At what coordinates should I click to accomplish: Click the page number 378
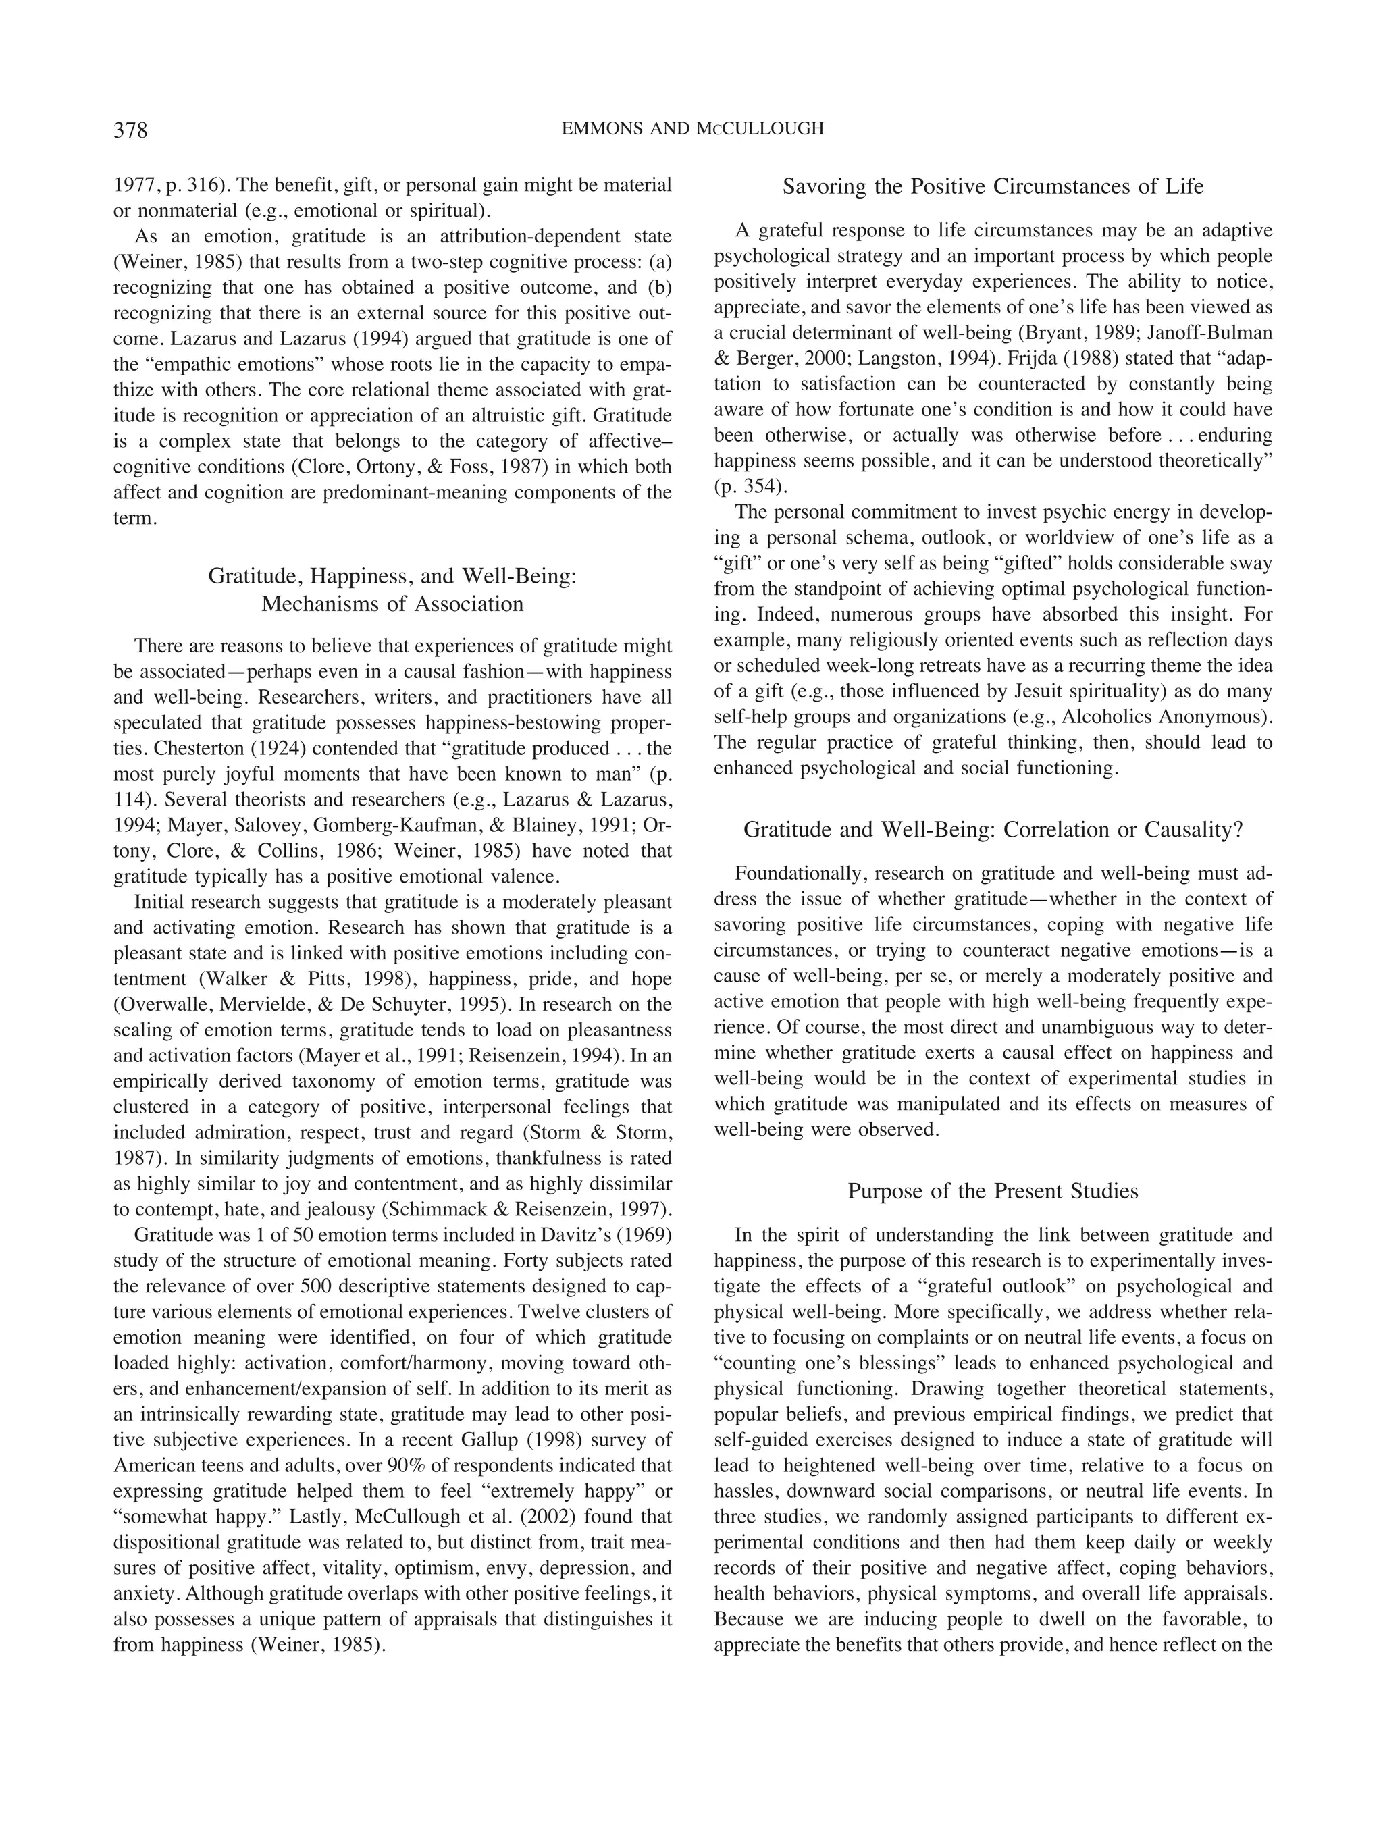(x=130, y=131)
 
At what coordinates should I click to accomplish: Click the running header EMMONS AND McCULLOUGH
(x=692, y=128)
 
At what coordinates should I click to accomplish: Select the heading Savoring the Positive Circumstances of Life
(x=992, y=187)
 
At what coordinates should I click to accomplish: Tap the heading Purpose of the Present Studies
(x=992, y=1191)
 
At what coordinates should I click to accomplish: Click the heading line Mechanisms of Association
(x=392, y=604)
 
